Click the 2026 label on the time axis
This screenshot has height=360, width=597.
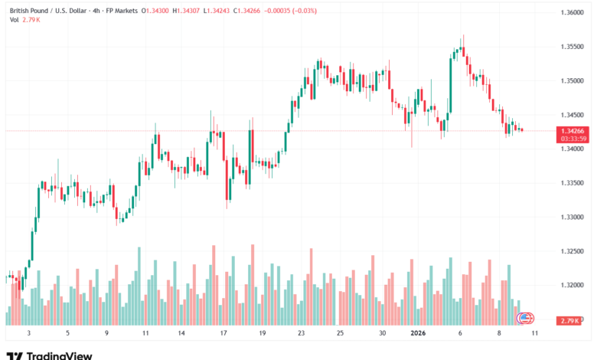418,333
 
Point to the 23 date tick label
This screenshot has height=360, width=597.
301,333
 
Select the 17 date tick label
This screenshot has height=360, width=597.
223,333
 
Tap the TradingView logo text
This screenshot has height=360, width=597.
59,355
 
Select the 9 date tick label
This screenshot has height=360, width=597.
107,333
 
